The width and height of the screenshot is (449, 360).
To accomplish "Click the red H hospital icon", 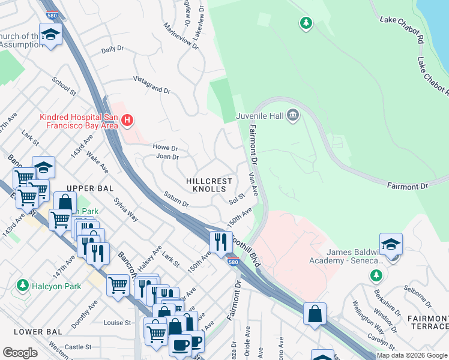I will click(x=127, y=121).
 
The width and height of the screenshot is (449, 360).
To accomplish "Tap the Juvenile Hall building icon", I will click(x=292, y=115).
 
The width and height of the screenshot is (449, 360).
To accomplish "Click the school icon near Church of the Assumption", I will click(x=51, y=34).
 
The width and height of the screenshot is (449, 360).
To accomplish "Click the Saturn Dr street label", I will click(x=176, y=200).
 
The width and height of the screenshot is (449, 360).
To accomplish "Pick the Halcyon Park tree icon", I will click(x=23, y=284).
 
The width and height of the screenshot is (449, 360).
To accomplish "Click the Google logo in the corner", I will click(x=20, y=352).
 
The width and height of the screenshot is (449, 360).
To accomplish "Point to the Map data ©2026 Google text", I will click(x=411, y=355).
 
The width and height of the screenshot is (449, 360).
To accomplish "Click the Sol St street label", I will click(x=237, y=198).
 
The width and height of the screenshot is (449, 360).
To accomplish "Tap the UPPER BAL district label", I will click(x=90, y=188).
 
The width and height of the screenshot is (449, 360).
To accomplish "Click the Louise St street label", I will click(x=117, y=323).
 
